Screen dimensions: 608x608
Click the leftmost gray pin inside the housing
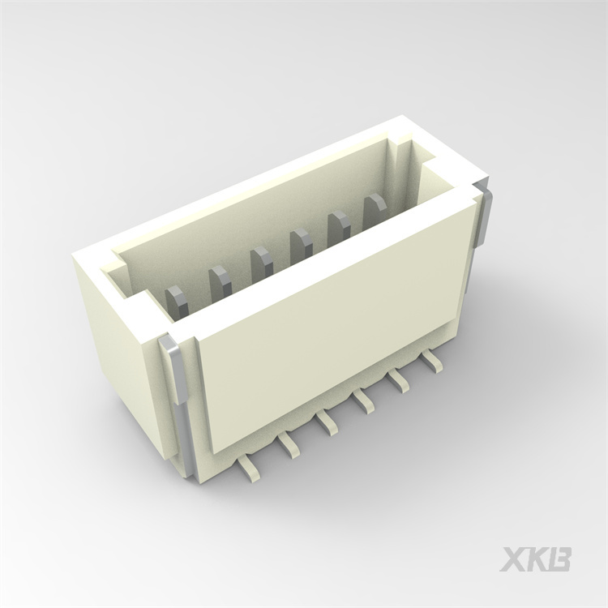pos(177,300)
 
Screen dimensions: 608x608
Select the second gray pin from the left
pos(220,281)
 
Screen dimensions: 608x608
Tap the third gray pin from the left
pos(261,261)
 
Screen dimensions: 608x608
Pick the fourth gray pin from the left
pos(301,242)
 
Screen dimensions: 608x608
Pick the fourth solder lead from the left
pos(363,400)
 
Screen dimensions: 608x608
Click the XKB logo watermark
pos(535,559)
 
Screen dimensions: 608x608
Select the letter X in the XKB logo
pos(512,559)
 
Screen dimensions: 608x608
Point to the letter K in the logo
pos(535,559)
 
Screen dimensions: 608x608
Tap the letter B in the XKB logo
pos(559,559)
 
